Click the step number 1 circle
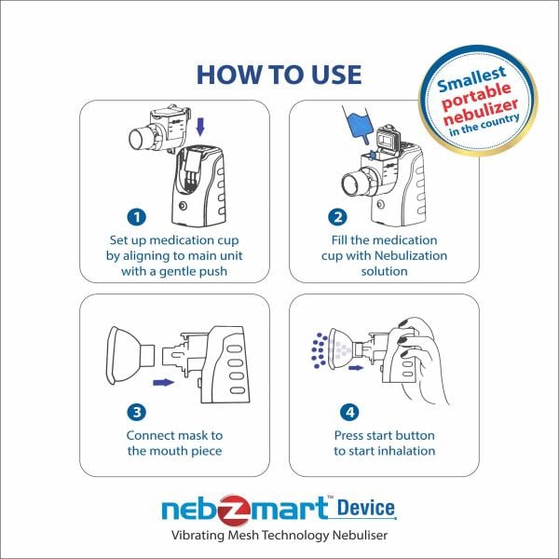tap(137, 217)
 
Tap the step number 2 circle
tap(336, 217)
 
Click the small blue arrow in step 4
tap(355, 368)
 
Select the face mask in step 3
tap(127, 353)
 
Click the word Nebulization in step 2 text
tap(383, 255)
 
